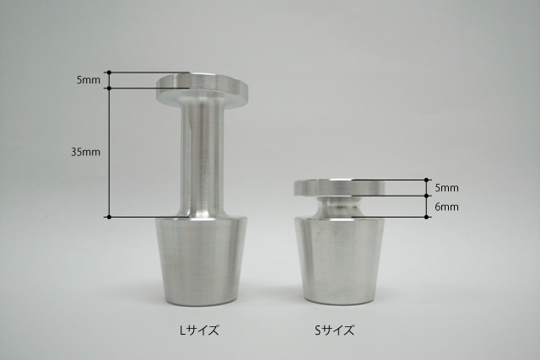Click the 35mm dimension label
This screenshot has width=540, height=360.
click(x=86, y=152)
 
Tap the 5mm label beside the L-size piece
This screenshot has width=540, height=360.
click(x=89, y=80)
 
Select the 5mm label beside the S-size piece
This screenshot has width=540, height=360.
click(x=446, y=188)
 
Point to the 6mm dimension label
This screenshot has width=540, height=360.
click(x=446, y=207)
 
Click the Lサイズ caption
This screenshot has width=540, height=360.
click(x=199, y=330)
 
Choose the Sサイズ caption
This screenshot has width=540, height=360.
click(x=334, y=330)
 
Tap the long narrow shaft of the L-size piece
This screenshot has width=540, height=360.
click(x=202, y=159)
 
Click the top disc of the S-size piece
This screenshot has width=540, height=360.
click(x=339, y=188)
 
